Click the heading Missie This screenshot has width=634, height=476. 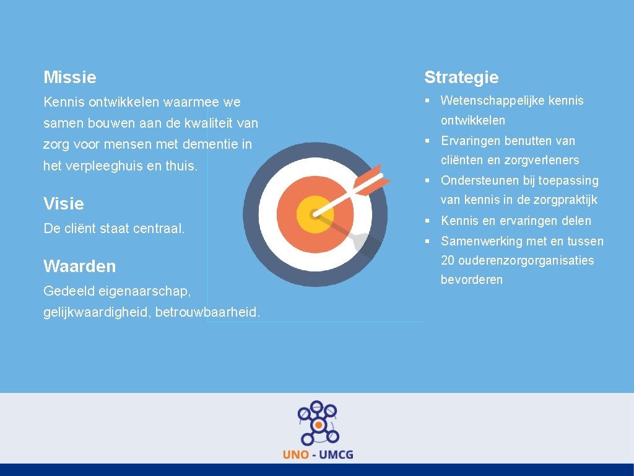tap(70, 77)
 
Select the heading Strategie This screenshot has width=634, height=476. tap(461, 77)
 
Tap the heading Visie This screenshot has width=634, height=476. tap(64, 204)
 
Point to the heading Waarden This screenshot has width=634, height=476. tap(80, 267)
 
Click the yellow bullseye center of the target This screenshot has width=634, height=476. tap(315, 214)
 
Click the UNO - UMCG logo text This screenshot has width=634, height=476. tap(318, 454)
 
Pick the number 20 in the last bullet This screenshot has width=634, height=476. tap(448, 260)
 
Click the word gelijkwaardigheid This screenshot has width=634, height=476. tap(97, 312)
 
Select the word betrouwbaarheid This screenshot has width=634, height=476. tap(207, 312)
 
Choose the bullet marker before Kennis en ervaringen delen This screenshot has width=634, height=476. tap(428, 221)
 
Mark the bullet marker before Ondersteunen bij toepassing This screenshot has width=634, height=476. tap(428, 180)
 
